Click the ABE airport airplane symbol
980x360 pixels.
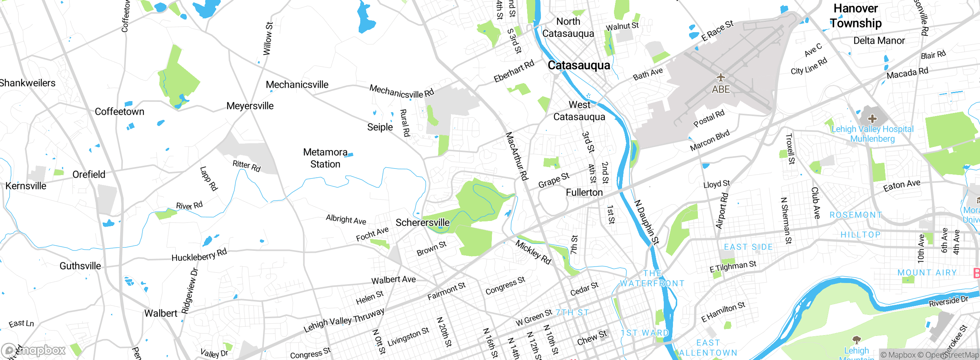coord(721,78)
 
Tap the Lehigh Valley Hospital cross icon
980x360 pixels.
coord(872,119)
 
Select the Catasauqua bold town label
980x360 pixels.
coord(578,65)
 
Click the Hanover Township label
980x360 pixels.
coord(856,16)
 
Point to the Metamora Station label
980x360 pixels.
coord(325,158)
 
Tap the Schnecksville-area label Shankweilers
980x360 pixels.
coord(28,83)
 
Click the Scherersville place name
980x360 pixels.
coord(422,223)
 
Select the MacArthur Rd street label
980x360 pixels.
coord(517,156)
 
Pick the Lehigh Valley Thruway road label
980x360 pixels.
coord(344,320)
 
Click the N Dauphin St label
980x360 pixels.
coord(647,222)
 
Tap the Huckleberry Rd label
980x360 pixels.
coord(199,255)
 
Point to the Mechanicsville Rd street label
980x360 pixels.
coord(402,92)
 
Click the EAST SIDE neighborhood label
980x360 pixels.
coord(748,247)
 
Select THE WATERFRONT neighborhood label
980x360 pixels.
coord(652,278)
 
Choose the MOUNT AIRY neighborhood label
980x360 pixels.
coord(927,273)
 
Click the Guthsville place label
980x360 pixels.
coord(80,266)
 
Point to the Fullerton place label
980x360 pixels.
coord(584,192)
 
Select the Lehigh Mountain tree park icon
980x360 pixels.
coord(857,340)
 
